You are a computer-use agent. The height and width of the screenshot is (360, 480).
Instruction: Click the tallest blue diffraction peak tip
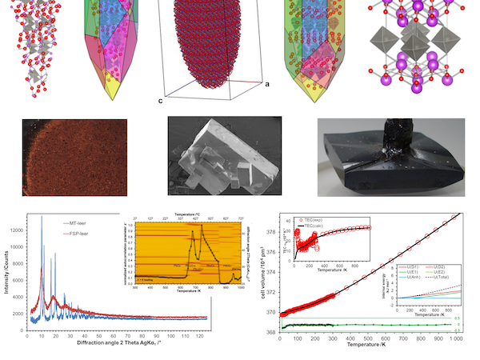pos(42,217)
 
